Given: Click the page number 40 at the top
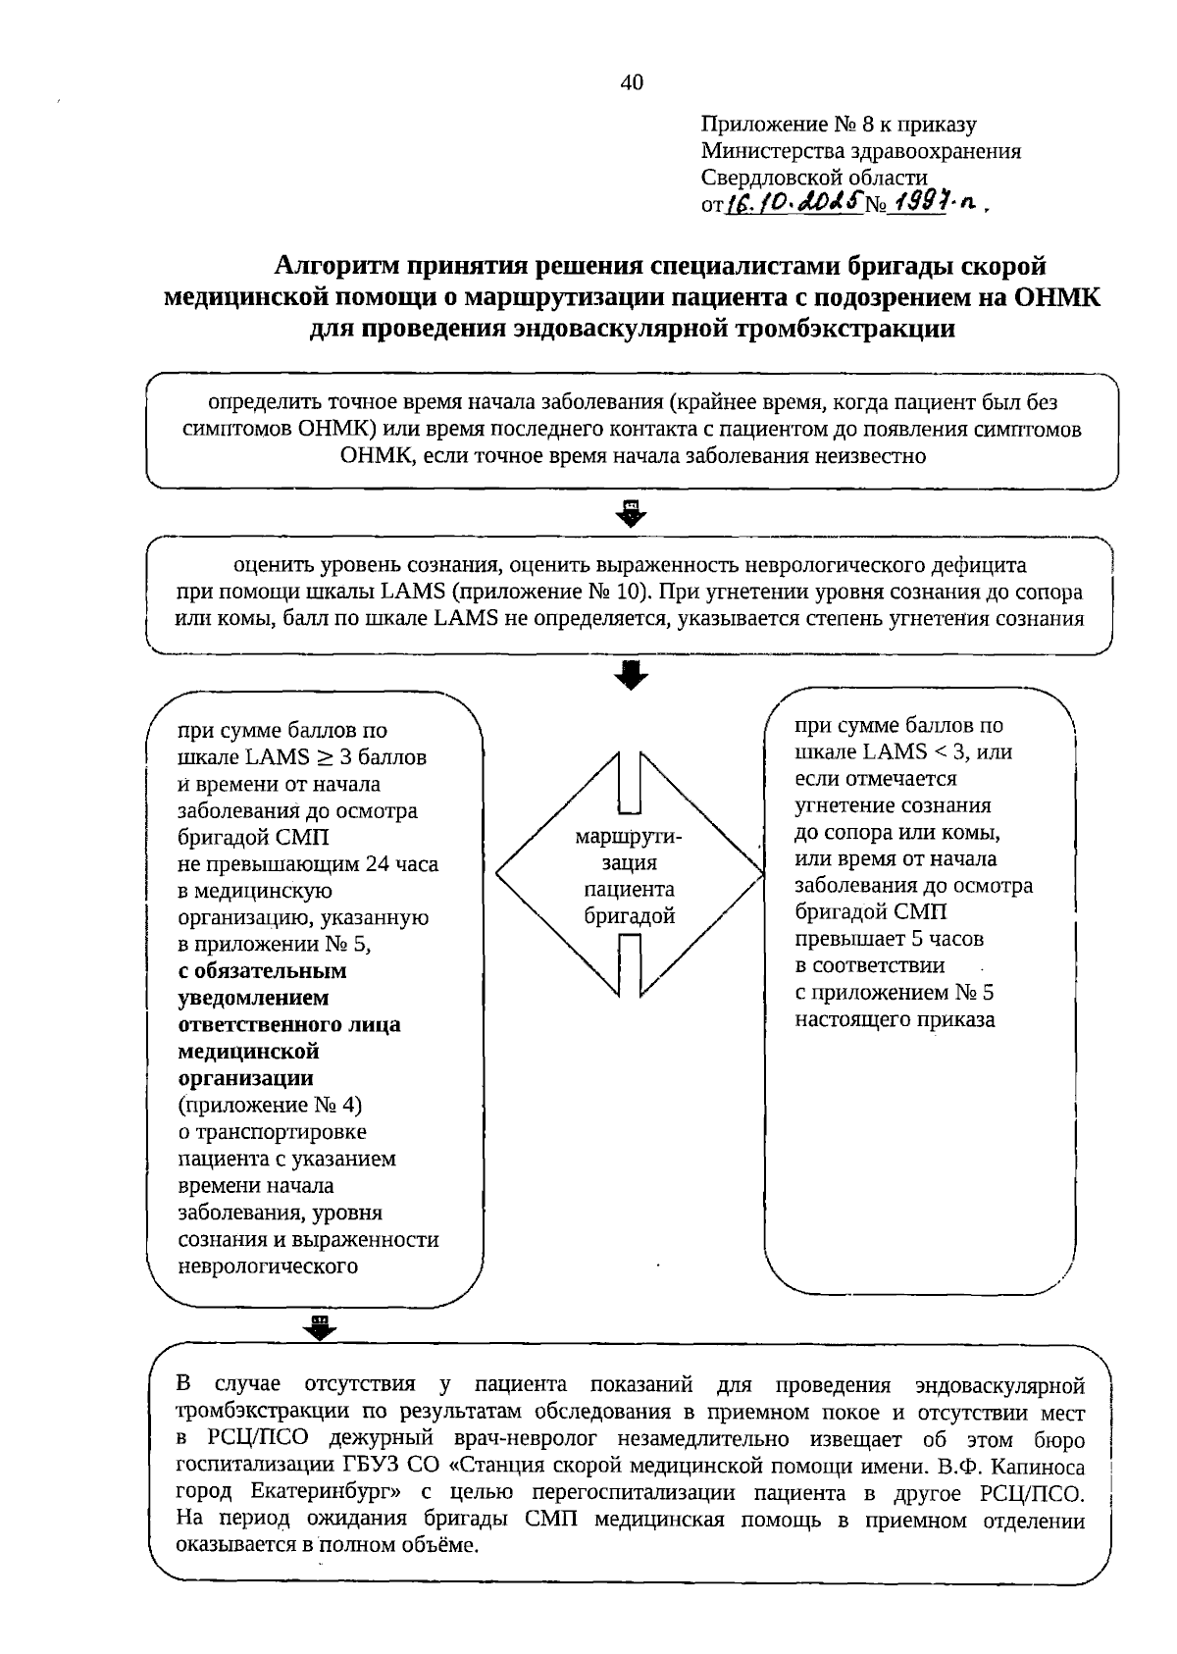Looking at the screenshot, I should coord(632,83).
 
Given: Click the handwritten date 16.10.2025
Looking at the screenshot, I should coord(793,202).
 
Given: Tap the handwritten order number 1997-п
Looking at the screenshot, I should coord(935,202).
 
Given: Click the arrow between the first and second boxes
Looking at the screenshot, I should coord(632,512).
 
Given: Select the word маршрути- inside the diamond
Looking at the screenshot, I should coord(629,837).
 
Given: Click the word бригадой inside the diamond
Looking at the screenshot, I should coord(630,916).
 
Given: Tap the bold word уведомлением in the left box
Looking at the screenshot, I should coord(253,998).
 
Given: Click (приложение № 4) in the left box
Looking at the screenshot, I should coord(270,1105).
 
